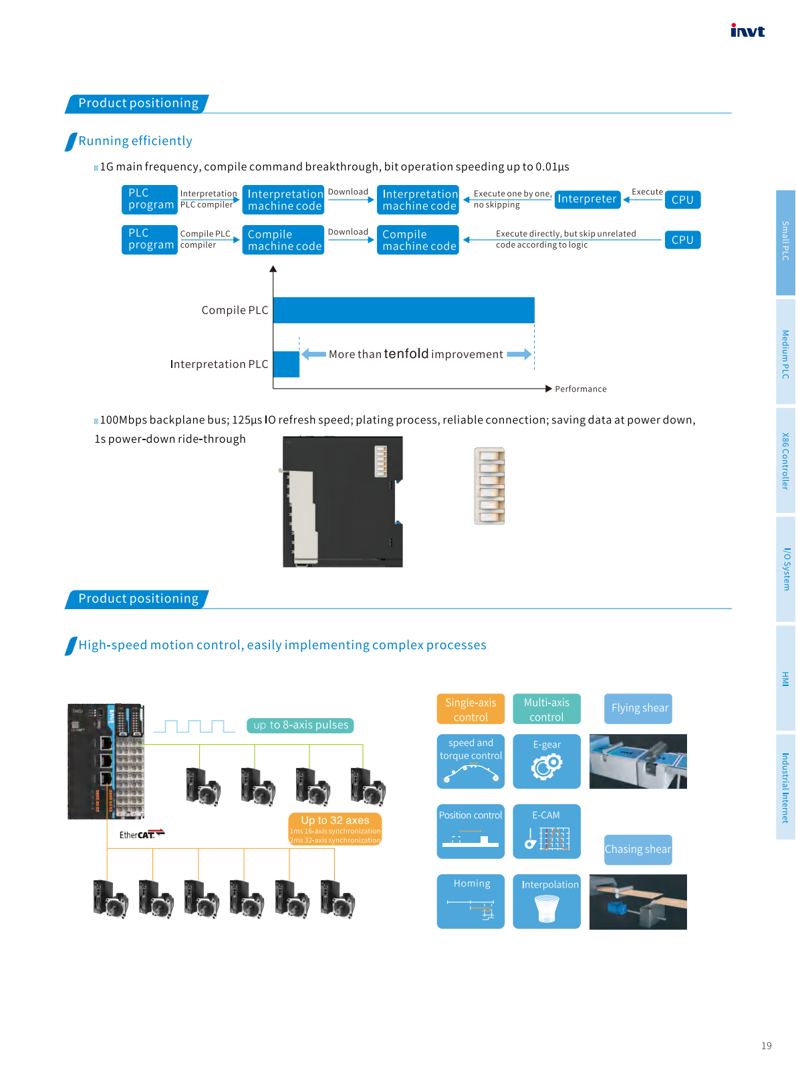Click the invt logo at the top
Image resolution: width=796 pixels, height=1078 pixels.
point(747,31)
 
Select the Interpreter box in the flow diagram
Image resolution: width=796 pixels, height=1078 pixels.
point(587,199)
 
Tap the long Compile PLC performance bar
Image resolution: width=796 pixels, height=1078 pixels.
point(404,310)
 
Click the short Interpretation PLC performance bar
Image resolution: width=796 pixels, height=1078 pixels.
point(287,364)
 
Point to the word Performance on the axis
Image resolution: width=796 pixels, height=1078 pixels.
point(580,389)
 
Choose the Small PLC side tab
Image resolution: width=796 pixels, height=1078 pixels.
point(785,242)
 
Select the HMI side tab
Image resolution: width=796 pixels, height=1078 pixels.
point(785,678)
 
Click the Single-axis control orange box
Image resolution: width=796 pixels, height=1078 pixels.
point(471,709)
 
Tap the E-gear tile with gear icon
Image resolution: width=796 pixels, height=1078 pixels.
point(546,761)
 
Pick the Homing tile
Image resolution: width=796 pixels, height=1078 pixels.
point(471,901)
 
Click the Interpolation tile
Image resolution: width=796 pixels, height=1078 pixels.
point(546,901)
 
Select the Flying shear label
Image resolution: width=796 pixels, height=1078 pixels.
point(638,708)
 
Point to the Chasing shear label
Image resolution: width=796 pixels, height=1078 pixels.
point(638,850)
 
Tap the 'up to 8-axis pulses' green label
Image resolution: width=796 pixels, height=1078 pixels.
point(300,725)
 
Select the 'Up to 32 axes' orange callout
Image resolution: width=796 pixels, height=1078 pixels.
point(335,828)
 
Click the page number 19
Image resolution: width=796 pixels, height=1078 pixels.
point(766,1046)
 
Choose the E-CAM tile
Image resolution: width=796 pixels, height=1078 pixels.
point(546,831)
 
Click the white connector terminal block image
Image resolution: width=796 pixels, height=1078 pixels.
point(489,486)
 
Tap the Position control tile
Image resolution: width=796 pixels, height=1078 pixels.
point(471,831)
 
